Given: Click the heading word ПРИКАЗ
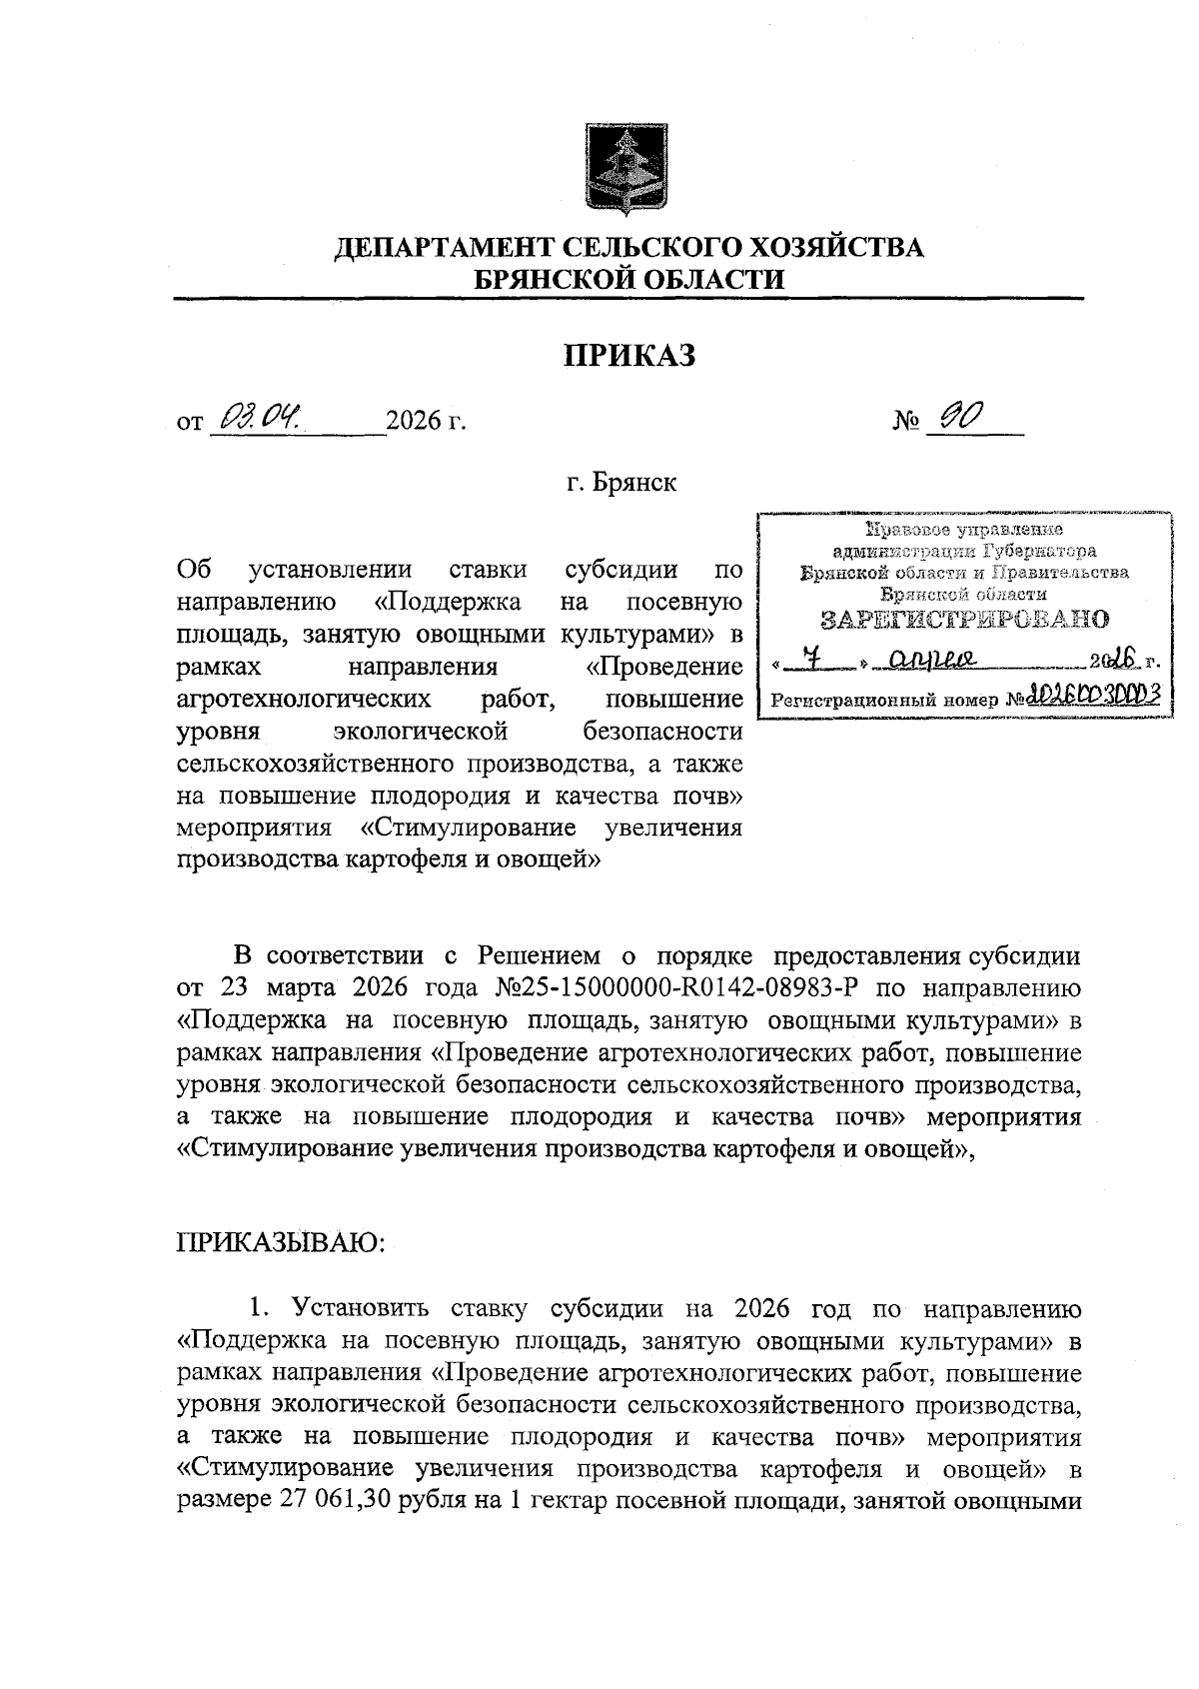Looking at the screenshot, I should (628, 355).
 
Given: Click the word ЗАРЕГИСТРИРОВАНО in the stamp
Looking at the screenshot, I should (964, 620).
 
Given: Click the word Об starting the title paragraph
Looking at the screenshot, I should (193, 571).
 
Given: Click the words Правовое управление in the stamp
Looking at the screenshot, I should (964, 530).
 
